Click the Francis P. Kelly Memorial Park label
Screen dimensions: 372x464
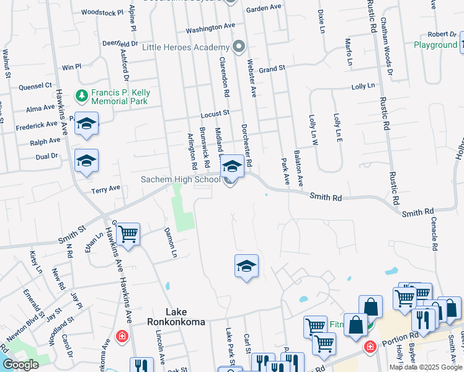pyautogui.click(x=120, y=97)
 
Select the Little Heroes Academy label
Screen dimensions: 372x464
pyautogui.click(x=186, y=48)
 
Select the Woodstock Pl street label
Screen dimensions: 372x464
pyautogui.click(x=103, y=12)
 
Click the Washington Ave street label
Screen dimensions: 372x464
pyautogui.click(x=210, y=28)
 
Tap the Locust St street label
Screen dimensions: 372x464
pyautogui.click(x=215, y=113)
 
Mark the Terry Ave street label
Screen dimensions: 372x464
pyautogui.click(x=106, y=188)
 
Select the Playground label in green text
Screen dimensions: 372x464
pyautogui.click(x=435, y=45)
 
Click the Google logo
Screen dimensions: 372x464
pyautogui.click(x=20, y=365)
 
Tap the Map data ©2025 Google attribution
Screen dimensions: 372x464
pyautogui.click(x=425, y=367)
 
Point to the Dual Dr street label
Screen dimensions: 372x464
pyautogui.click(x=47, y=157)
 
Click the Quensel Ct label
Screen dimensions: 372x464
pyautogui.click(x=35, y=86)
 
